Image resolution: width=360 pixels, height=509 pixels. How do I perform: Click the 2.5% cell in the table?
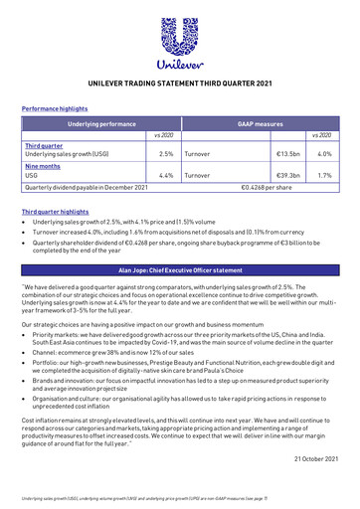pos(166,154)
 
